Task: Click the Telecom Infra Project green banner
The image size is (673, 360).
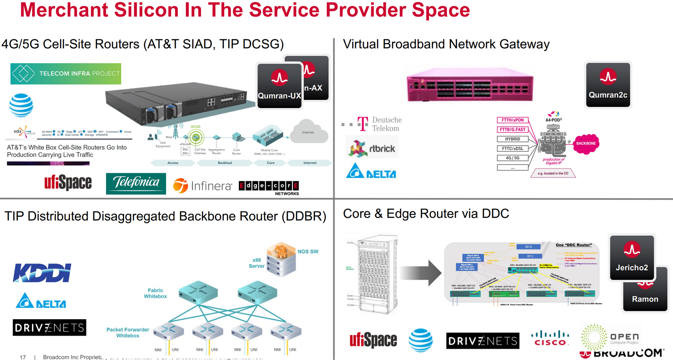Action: [66, 74]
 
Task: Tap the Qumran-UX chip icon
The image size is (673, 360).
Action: [279, 86]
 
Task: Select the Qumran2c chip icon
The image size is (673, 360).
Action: [608, 85]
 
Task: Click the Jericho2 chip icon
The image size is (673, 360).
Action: [631, 258]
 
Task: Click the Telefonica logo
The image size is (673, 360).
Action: [136, 183]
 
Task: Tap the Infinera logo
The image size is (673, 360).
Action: [202, 185]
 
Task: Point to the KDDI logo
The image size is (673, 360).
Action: [42, 273]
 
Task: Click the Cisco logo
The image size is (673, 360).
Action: [550, 338]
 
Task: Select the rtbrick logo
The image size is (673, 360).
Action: [372, 148]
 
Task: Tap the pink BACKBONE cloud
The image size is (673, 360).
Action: [586, 144]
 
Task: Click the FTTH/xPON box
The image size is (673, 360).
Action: [513, 120]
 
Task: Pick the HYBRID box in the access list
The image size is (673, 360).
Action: [513, 139]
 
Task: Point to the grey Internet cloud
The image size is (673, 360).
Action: [309, 132]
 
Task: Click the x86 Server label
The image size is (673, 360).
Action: [256, 263]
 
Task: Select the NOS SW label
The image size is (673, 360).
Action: [308, 252]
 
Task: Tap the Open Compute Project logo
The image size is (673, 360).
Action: [609, 337]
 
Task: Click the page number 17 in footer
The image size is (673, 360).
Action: [23, 357]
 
